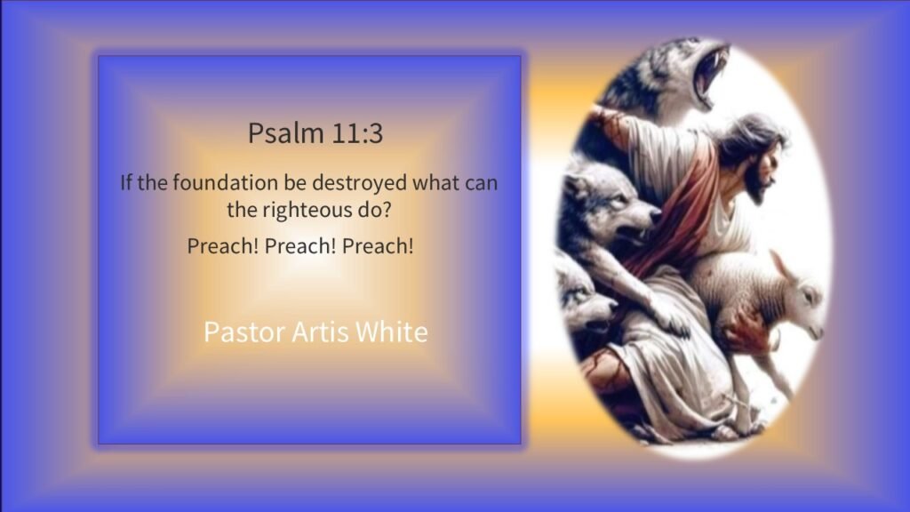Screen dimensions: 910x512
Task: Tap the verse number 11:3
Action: [357, 133]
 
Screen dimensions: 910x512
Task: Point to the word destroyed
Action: [360, 183]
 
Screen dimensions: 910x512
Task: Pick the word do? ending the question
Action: [374, 210]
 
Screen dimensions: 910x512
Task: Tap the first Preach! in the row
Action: [223, 246]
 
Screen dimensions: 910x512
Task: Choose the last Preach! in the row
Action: [378, 246]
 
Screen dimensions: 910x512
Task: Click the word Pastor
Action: [244, 332]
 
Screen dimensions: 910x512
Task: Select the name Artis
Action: [320, 332]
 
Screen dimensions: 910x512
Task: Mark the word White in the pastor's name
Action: [392, 332]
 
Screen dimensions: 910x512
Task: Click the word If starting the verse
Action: [126, 182]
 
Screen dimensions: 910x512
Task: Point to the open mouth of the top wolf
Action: [709, 75]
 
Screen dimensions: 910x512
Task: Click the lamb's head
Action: [801, 299]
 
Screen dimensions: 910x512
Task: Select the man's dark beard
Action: [755, 183]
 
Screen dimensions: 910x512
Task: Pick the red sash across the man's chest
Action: [685, 209]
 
